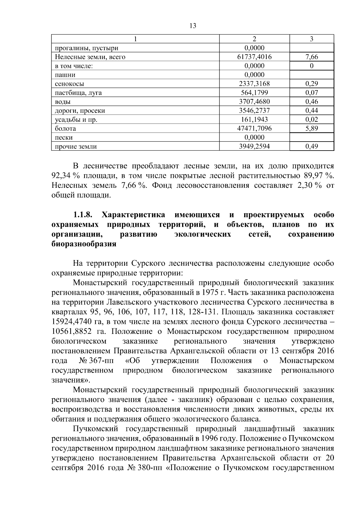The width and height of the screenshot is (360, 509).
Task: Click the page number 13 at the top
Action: [193, 26]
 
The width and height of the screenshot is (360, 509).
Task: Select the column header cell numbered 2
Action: [254, 39]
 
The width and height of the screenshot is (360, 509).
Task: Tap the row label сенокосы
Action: [69, 84]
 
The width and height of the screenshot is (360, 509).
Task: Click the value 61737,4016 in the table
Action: [254, 57]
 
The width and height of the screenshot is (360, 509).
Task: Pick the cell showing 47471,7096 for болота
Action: [254, 129]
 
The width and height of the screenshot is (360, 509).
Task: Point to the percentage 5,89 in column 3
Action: [312, 129]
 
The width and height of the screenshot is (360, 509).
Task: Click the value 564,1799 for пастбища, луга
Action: [254, 93]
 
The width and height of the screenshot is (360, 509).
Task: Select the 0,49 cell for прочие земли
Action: [312, 147]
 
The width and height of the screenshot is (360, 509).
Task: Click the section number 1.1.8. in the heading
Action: [82, 215]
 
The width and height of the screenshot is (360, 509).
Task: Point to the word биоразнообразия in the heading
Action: [84, 244]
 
